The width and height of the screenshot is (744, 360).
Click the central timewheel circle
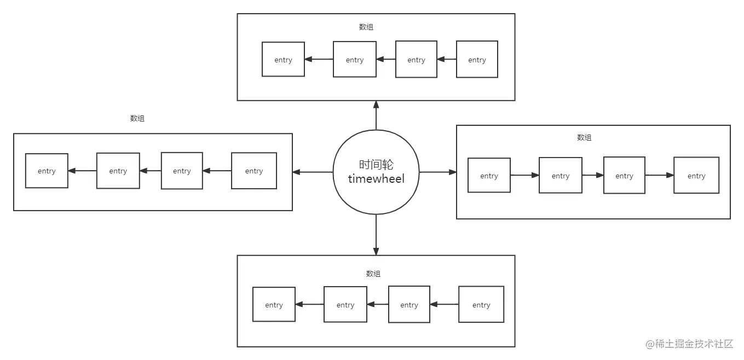376,172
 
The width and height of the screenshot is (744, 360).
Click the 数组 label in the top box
366,27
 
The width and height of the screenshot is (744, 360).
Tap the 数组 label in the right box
584,138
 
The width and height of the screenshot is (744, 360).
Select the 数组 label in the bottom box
373,274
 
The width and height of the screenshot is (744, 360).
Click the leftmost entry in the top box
283,60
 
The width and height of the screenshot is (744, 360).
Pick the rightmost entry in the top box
477,60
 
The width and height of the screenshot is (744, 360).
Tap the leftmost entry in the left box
47,171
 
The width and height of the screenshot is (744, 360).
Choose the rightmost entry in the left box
253,171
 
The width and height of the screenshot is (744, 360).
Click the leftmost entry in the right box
489,176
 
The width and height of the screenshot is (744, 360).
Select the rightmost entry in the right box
696,176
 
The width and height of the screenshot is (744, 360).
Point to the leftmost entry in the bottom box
274,305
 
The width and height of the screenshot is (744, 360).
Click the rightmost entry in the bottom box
481,305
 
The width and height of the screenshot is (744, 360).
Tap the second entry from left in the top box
355,60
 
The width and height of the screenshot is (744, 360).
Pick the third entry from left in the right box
624,176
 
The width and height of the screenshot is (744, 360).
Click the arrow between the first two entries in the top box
319,60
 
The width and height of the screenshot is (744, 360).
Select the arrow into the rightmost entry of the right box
659,176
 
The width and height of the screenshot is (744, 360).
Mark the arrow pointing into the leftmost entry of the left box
82,171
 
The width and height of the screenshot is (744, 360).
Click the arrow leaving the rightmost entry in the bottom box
444,305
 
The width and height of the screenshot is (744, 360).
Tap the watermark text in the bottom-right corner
688,343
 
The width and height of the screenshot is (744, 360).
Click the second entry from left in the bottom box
345,305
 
